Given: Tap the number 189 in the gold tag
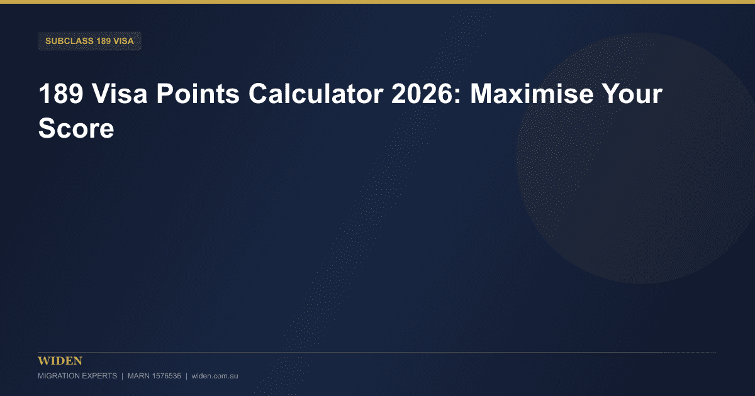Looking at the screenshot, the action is coord(103,41).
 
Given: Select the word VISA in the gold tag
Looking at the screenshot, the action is coord(124,41).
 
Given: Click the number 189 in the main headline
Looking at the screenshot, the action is coord(61,94).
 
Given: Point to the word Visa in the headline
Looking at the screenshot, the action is coord(120,94).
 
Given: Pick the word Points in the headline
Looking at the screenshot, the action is coord(198,94).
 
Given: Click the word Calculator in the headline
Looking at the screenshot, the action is coord(316,94).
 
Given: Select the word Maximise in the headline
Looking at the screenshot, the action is coord(532,94).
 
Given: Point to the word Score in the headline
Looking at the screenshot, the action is coord(76,128).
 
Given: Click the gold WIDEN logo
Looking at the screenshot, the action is coord(60,361).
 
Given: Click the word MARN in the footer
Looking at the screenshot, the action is coord(138,376).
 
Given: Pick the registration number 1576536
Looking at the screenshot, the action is coord(167,376).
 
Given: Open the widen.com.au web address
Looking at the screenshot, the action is coord(215,376).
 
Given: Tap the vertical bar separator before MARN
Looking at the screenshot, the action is coord(122,376).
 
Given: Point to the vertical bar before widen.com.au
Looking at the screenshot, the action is coord(186,376).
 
